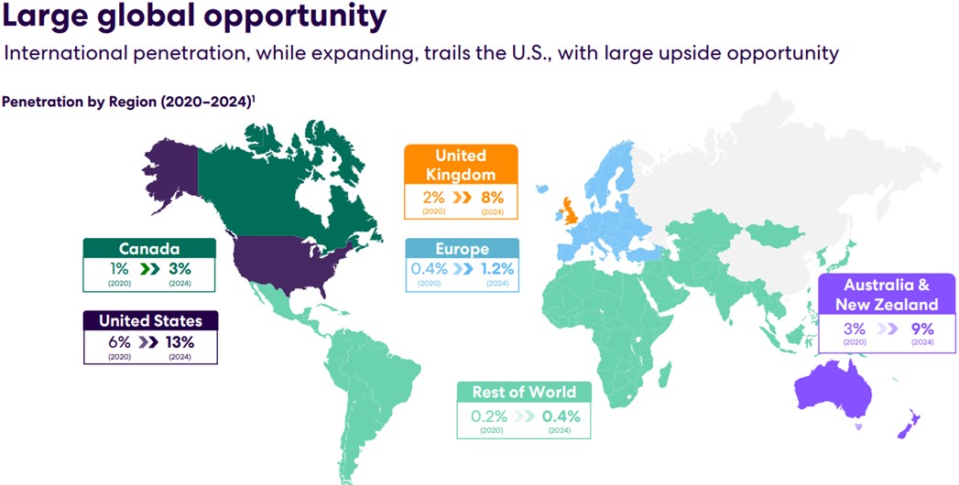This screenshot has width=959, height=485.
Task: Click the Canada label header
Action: pos(149,249)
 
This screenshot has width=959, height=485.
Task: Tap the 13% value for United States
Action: pos(181,341)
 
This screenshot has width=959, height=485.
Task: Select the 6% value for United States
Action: pos(119,341)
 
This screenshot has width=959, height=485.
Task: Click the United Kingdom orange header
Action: pos(461,165)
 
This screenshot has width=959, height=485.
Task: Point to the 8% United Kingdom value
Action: pos(492,198)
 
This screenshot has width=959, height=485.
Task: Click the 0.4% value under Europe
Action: pos(430,269)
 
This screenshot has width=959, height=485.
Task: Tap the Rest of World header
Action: pos(524,392)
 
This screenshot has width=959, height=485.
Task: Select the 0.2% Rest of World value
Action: pos(489,416)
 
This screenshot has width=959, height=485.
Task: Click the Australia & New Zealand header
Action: pos(887,295)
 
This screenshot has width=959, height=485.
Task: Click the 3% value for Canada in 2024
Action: pos(180,269)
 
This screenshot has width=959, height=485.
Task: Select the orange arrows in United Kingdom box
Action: pos(462,198)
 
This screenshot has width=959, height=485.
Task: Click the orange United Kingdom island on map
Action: pos(570,211)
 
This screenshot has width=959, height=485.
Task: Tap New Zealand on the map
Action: pos(909,424)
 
